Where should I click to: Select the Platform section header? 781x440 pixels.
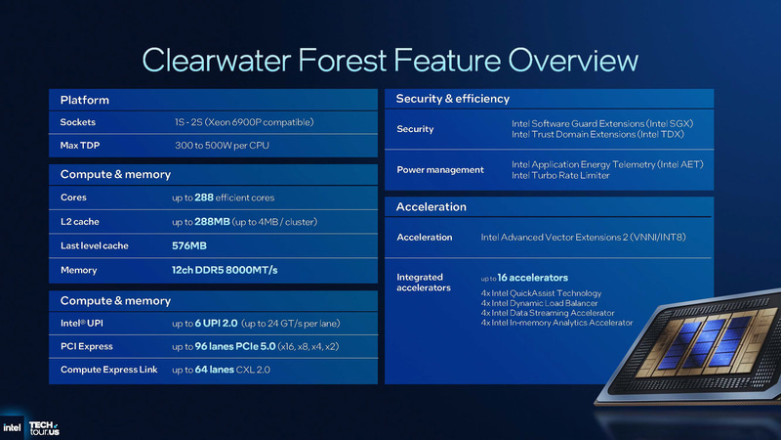[84, 100]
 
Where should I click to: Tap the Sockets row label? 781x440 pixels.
[77, 122]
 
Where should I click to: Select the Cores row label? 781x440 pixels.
[73, 198]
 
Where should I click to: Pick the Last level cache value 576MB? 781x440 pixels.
[188, 245]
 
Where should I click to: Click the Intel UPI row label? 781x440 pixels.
[82, 324]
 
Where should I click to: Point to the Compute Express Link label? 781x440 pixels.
[108, 370]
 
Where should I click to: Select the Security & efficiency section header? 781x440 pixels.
[452, 99]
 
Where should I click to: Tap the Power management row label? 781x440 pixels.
[439, 170]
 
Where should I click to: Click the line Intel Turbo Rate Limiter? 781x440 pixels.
[560, 176]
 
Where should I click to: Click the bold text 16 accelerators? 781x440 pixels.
[532, 278]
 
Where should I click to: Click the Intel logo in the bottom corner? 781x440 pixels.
[13, 426]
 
